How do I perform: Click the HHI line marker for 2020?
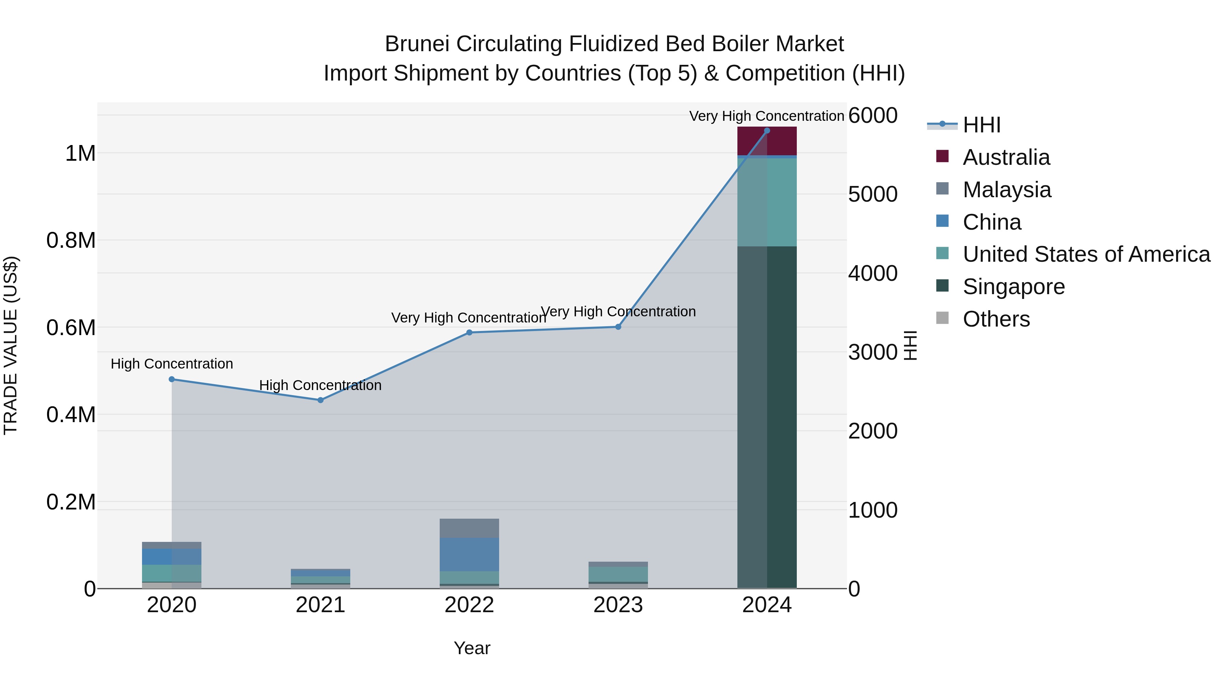[172, 379]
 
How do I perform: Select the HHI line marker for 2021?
[321, 400]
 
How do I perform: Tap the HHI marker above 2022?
[469, 332]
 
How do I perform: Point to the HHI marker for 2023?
[618, 327]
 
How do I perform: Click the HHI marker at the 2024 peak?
[767, 130]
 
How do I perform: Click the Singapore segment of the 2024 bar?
[767, 417]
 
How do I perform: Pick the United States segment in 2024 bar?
[767, 202]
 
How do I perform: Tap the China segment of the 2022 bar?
[469, 554]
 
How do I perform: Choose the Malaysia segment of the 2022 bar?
[469, 528]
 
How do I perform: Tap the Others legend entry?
[996, 319]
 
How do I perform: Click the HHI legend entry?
[981, 125]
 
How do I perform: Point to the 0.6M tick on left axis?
[71, 328]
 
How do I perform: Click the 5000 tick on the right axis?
[873, 195]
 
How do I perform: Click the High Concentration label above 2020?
[172, 364]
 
